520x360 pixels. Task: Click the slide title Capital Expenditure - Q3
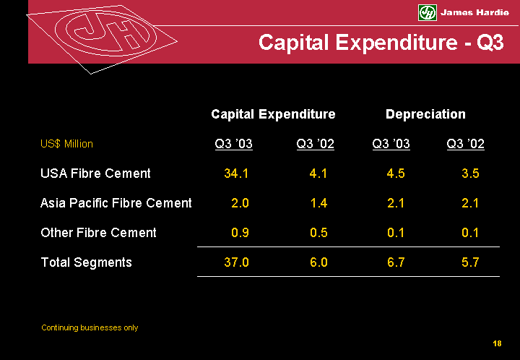pos(381,43)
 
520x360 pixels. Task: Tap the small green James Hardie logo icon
pos(428,12)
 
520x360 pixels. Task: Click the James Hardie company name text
pos(474,12)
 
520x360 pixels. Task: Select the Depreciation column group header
pos(425,114)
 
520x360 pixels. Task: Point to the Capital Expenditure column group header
pos(273,114)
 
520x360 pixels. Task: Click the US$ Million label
pos(66,144)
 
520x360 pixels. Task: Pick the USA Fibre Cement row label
pos(95,173)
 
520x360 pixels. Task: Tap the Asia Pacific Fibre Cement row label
pos(116,203)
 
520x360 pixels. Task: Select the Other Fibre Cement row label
pos(98,233)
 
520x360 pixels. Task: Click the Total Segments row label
pos(86,262)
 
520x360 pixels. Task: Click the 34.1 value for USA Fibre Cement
pos(237,173)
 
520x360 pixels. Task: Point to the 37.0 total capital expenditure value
pos(237,262)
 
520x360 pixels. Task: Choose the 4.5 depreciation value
pos(395,173)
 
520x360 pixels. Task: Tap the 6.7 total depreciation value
pos(395,262)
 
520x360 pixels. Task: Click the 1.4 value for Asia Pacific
pos(318,203)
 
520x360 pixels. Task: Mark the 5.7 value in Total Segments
pos(470,262)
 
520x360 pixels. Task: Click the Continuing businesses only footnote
pos(90,328)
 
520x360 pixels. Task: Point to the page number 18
pos(497,343)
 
